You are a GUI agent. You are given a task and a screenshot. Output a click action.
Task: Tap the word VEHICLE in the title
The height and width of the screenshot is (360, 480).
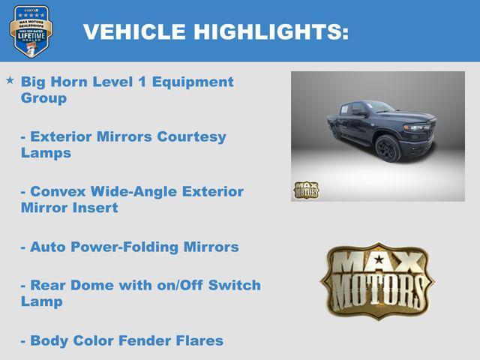tap(133, 32)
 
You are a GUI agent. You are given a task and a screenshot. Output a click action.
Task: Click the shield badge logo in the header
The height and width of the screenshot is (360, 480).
tap(31, 31)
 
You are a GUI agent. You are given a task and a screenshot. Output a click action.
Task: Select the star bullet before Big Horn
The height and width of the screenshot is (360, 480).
tap(10, 79)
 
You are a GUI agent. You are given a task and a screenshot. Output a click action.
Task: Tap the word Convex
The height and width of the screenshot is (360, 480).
tap(56, 191)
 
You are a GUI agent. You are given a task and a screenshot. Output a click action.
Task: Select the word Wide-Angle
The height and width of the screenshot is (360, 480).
tap(125, 191)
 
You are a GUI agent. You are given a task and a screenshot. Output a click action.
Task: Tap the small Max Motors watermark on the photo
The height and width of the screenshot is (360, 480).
tap(306, 190)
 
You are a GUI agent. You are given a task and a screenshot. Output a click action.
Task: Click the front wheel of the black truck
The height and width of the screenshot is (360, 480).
tap(387, 149)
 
